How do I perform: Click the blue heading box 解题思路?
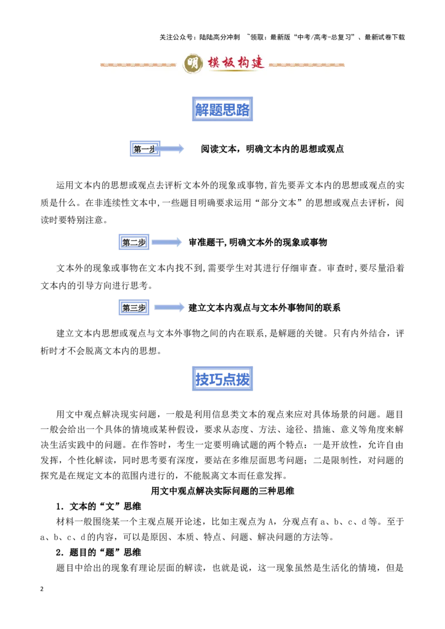(x=222, y=109)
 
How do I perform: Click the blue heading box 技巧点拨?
(x=222, y=379)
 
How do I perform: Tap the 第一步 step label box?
(x=145, y=149)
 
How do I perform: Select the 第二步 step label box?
(x=134, y=242)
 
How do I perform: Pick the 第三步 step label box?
(x=134, y=308)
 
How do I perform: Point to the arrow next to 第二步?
(x=167, y=242)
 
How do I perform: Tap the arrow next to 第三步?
(x=169, y=308)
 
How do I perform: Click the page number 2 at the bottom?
(x=42, y=589)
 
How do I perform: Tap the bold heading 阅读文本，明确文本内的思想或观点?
(x=273, y=149)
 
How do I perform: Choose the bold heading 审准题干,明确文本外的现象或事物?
(x=258, y=242)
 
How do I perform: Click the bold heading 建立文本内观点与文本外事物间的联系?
(x=264, y=308)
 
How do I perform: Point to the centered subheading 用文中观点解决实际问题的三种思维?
(x=222, y=491)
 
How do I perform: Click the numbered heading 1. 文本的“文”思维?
(x=98, y=506)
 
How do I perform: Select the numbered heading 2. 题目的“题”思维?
(x=98, y=552)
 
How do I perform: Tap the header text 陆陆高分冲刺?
(x=219, y=37)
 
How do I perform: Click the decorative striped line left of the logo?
(x=138, y=64)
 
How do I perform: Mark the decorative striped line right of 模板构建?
(x=306, y=64)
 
